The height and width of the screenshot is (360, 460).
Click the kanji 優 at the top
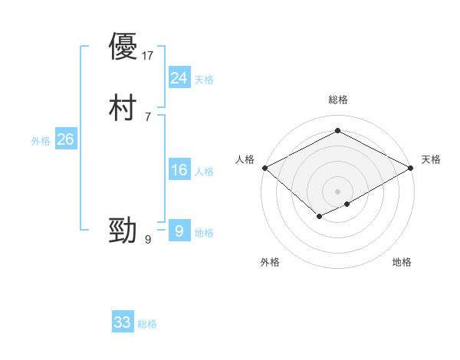123,47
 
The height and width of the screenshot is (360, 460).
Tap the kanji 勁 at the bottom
123,230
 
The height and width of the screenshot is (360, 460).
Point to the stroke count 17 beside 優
149,56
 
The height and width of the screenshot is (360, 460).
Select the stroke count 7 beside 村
147,116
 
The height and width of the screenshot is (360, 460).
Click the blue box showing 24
179,78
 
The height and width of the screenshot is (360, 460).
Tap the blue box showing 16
179,170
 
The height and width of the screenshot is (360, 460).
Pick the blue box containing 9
179,231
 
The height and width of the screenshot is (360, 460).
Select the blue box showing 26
65,139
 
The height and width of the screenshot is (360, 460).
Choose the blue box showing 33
122,322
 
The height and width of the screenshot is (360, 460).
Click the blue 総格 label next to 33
147,324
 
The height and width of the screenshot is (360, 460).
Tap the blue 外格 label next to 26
41,141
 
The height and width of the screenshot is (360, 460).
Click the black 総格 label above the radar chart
338,100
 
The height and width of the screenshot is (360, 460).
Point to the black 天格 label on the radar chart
431,159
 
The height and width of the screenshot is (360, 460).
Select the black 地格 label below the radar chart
402,262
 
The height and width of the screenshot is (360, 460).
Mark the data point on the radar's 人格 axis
264,168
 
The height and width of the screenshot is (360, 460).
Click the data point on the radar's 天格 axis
412,168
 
